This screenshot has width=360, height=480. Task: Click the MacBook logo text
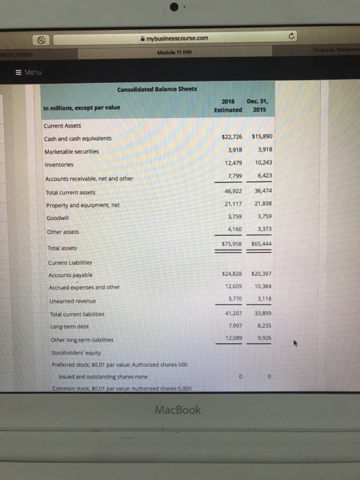pyautogui.click(x=178, y=410)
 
